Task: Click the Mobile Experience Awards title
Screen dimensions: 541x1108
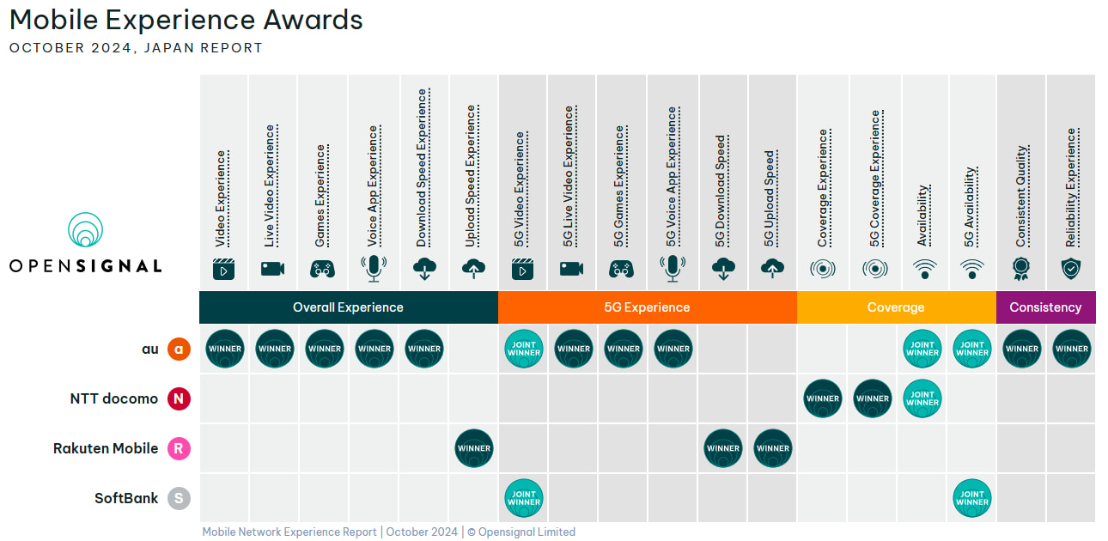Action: tap(186, 20)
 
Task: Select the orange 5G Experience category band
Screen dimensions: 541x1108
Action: tap(647, 307)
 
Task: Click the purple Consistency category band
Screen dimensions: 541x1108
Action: tap(1045, 307)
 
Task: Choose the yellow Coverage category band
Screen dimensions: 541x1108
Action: tap(896, 307)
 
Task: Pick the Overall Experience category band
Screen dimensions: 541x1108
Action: tap(348, 307)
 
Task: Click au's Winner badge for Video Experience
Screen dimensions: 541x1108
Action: tap(225, 349)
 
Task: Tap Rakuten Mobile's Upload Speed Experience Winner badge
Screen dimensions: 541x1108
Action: tap(474, 448)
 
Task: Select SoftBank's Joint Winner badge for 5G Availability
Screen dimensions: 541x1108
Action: tap(972, 498)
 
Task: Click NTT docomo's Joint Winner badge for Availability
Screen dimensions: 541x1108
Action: tap(922, 398)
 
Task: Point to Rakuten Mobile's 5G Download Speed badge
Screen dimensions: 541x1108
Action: tap(723, 448)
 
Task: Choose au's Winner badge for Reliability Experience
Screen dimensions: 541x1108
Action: tap(1072, 349)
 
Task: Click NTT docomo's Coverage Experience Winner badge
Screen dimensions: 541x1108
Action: tap(823, 398)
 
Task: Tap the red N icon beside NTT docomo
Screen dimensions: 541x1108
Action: tap(179, 398)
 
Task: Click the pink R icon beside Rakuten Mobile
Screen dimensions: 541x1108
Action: tap(179, 448)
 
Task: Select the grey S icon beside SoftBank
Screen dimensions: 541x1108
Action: tap(179, 498)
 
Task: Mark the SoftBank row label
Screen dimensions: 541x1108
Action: tap(126, 498)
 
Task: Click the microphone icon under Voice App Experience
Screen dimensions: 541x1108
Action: tap(374, 269)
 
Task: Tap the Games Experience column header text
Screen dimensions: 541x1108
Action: tap(320, 196)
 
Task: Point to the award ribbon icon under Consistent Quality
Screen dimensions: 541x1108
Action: tap(1021, 269)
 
